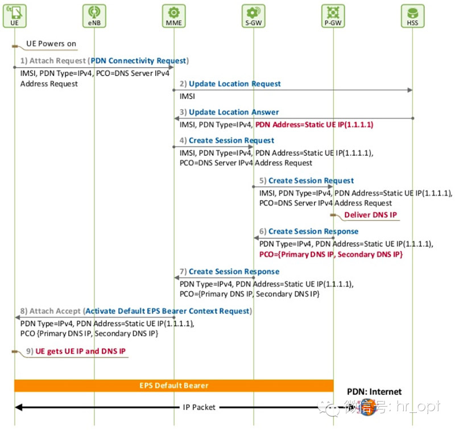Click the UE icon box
point(15,16)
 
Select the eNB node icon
point(94,16)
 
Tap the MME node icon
point(174,16)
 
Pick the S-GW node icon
point(253,16)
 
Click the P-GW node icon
point(333,16)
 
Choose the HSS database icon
point(412,16)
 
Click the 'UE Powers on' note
point(51,44)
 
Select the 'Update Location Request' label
point(235,84)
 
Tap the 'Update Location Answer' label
point(234,112)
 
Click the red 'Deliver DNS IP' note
point(371,214)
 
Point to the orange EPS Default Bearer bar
point(174,385)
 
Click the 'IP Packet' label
point(199,407)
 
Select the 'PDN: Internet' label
point(374,392)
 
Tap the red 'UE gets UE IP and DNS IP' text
point(80,351)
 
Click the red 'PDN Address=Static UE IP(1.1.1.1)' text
point(315,125)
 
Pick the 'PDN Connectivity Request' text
point(138,61)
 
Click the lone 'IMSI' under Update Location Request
point(187,96)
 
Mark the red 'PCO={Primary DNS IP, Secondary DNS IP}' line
point(331,254)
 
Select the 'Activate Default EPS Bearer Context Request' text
point(167,311)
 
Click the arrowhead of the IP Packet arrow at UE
point(18,407)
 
